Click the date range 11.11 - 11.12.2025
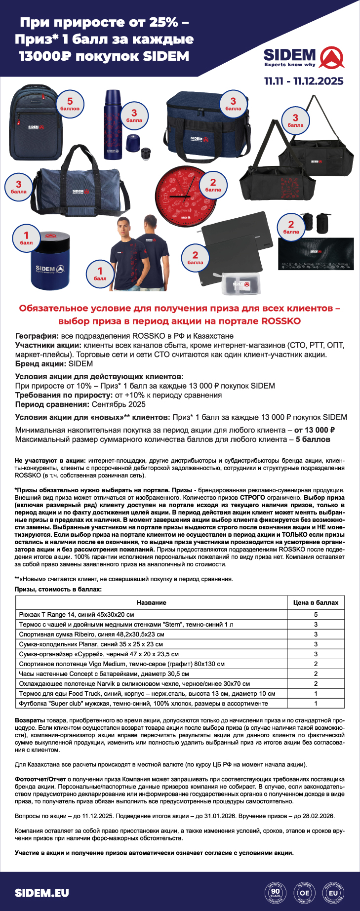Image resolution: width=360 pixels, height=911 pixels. coord(304,81)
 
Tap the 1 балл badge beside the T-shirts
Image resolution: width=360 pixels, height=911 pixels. coord(100,274)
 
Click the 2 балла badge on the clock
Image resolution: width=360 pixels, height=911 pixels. coord(213,185)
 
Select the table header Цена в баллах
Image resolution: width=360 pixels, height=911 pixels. coord(316,603)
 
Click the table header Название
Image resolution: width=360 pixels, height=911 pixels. coord(151,603)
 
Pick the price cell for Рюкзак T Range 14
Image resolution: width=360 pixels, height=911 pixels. coord(316,615)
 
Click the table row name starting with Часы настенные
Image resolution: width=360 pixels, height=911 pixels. coord(104,673)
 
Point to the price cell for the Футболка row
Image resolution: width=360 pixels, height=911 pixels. coord(316,703)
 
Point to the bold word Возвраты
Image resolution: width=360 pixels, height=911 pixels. coord(30,720)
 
